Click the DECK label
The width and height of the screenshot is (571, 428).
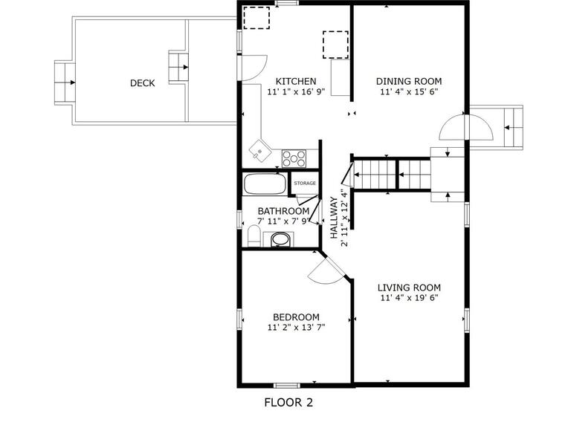tap(143, 83)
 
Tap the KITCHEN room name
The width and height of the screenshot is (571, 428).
tap(296, 81)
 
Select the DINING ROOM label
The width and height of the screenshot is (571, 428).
tap(409, 81)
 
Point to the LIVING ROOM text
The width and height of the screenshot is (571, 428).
tap(409, 288)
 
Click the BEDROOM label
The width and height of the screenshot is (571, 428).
tap(296, 317)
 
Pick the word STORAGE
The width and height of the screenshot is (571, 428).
tap(305, 183)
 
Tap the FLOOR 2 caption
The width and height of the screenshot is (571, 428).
tap(288, 403)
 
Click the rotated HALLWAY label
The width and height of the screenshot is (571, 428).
tap(334, 218)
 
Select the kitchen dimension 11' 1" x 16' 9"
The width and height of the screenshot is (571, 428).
tap(296, 91)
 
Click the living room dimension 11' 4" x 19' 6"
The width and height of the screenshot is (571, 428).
tap(409, 298)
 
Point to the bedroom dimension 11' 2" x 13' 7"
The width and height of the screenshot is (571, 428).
tap(296, 328)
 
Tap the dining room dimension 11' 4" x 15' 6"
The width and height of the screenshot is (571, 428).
tap(409, 91)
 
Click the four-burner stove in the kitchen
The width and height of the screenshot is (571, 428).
tap(294, 158)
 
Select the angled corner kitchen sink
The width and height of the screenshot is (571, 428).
tap(260, 151)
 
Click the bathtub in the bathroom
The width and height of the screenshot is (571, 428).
tap(265, 184)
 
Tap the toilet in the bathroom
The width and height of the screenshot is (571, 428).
tap(254, 236)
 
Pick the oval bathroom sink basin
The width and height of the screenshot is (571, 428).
tap(280, 239)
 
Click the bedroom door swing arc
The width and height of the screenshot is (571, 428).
tap(324, 277)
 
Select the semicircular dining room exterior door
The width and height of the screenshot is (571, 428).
tap(466, 127)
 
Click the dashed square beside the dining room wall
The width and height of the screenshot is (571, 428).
tap(335, 45)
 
